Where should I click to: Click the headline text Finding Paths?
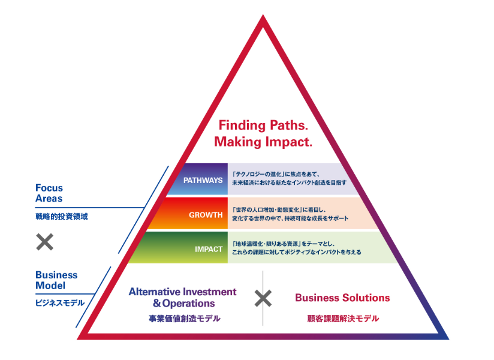[x=263, y=126]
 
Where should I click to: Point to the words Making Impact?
[x=263, y=142]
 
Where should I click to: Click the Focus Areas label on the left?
[x=49, y=193]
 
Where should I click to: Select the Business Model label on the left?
[x=56, y=280]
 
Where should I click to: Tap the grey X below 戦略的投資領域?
[x=45, y=242]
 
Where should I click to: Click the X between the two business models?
[x=264, y=298]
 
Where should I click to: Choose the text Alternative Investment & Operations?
[x=182, y=298]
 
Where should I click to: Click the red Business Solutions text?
[x=342, y=298]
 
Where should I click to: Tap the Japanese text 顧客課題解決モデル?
[x=342, y=319]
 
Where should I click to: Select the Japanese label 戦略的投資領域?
[x=61, y=217]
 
